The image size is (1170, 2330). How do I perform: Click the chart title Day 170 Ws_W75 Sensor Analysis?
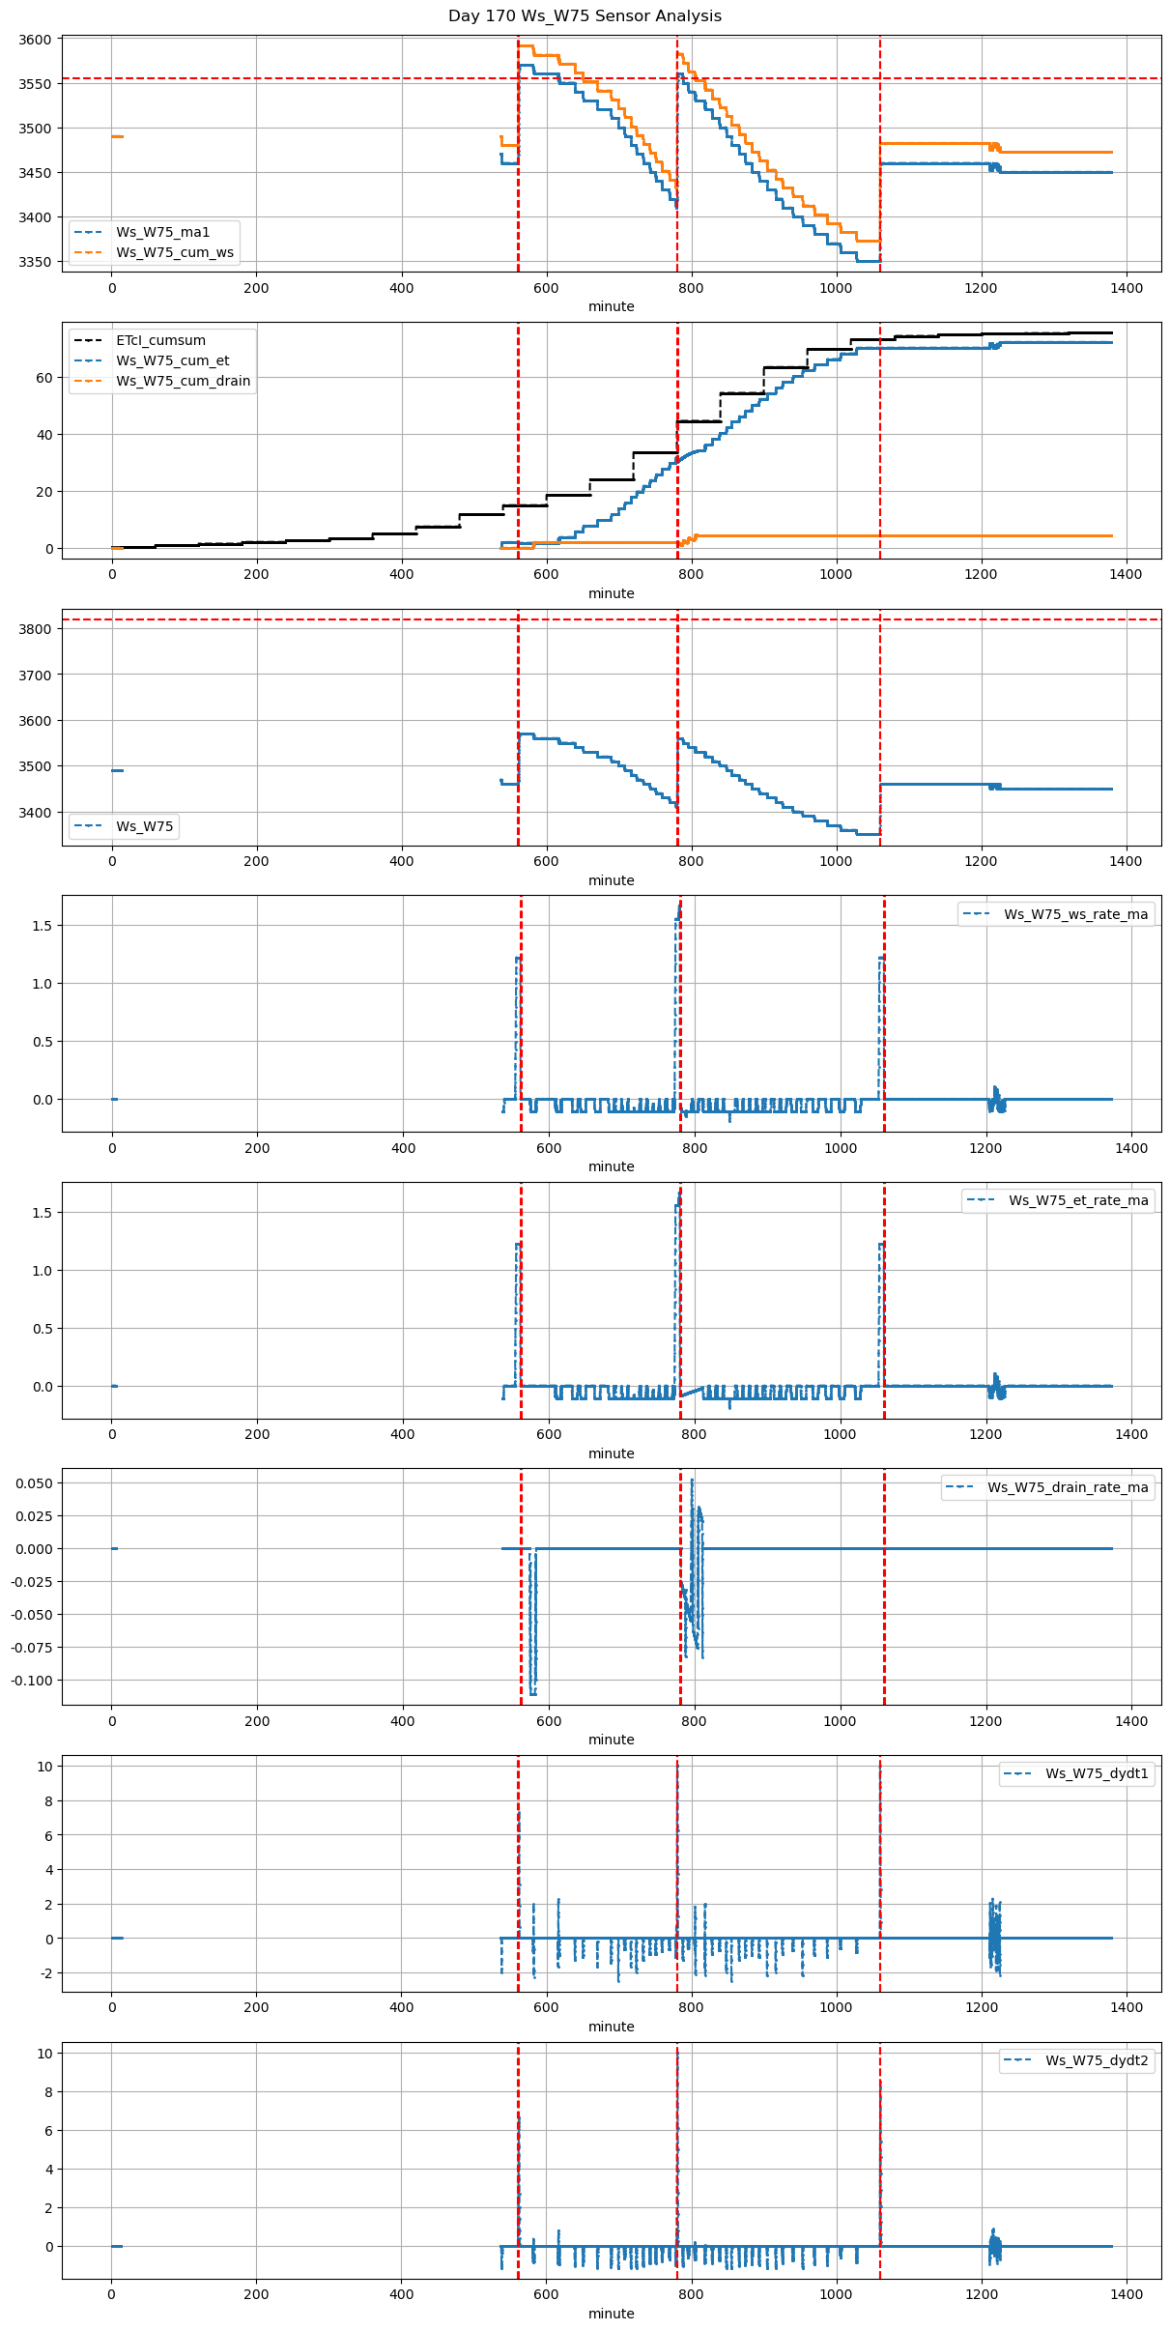(x=585, y=16)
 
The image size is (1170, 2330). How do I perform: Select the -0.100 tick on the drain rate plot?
(x=29, y=1681)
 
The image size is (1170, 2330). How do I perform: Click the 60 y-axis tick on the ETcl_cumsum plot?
(x=43, y=378)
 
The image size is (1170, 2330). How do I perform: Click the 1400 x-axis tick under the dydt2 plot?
(x=1126, y=2294)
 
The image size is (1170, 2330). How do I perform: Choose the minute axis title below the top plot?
(x=612, y=306)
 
